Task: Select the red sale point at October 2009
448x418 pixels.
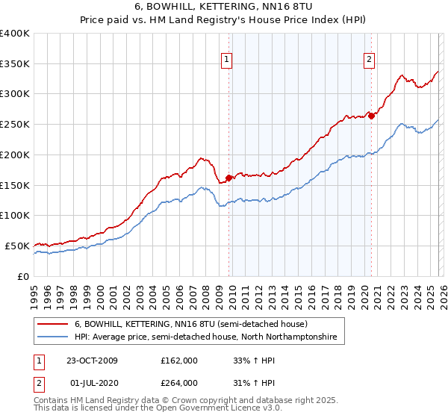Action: [229, 178]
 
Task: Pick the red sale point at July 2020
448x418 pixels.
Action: [371, 116]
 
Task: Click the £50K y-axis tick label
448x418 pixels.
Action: [17, 246]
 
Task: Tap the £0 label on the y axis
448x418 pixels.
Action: [23, 276]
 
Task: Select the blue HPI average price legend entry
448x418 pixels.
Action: [205, 337]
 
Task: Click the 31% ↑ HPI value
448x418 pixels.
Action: [252, 383]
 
